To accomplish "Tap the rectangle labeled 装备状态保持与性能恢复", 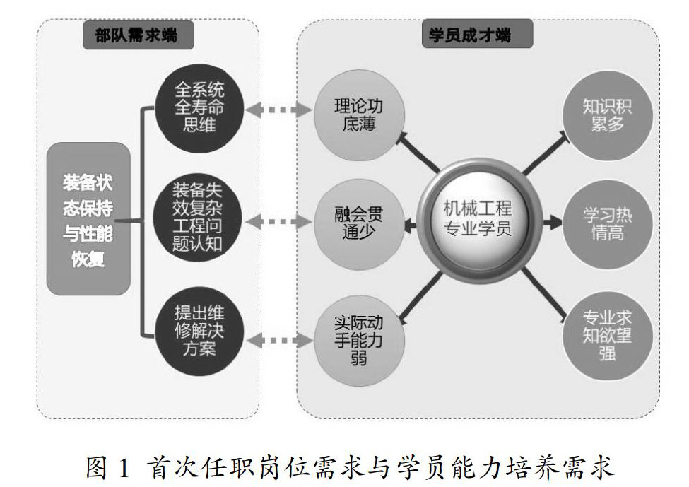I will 88,219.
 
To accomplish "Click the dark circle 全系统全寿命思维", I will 199,109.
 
